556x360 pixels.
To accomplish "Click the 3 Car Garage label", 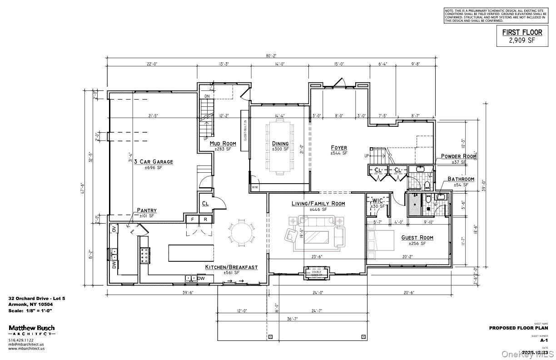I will click(153, 162).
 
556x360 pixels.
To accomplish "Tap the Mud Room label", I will click(223, 144).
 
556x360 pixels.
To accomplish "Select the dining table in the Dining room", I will click(280, 146).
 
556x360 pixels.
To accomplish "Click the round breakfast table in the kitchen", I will click(241, 233).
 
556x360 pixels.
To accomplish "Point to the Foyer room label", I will click(339, 148).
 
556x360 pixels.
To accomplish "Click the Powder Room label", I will click(458, 156).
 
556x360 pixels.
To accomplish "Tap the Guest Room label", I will click(417, 238).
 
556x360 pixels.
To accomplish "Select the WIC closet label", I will click(378, 200).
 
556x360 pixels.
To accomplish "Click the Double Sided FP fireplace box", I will click(317, 273).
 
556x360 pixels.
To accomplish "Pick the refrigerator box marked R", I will click(205, 219).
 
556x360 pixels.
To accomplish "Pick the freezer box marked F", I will click(193, 219).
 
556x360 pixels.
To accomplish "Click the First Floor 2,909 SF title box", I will click(522, 36).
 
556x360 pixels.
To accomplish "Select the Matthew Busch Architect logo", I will click(32, 330).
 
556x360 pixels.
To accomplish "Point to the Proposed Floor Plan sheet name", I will click(518, 328).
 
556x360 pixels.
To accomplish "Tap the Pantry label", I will click(147, 210).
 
